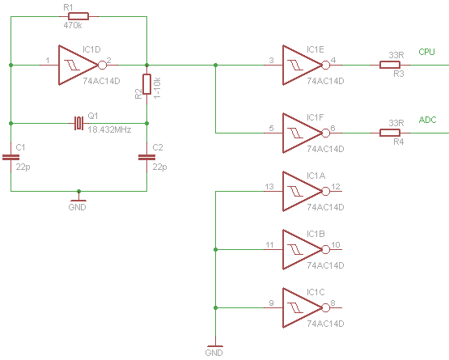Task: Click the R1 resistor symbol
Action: point(78,16)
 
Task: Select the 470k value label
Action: point(73,26)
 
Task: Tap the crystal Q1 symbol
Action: point(78,123)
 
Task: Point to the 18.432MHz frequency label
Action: point(109,129)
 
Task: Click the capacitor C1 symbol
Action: point(11,157)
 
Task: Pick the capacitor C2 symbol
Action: point(146,157)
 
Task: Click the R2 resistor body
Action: point(146,84)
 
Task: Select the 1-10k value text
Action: point(157,88)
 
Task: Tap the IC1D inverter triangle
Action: point(78,65)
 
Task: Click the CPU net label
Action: point(426,52)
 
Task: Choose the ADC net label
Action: point(427,120)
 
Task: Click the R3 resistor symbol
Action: point(390,65)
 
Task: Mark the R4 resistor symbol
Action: point(390,133)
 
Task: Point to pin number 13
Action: point(269,187)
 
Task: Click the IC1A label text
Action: point(316,176)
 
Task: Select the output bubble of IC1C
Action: point(325,307)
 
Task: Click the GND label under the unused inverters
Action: point(214,353)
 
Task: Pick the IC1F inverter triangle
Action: point(303,133)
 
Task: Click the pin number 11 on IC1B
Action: point(269,245)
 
